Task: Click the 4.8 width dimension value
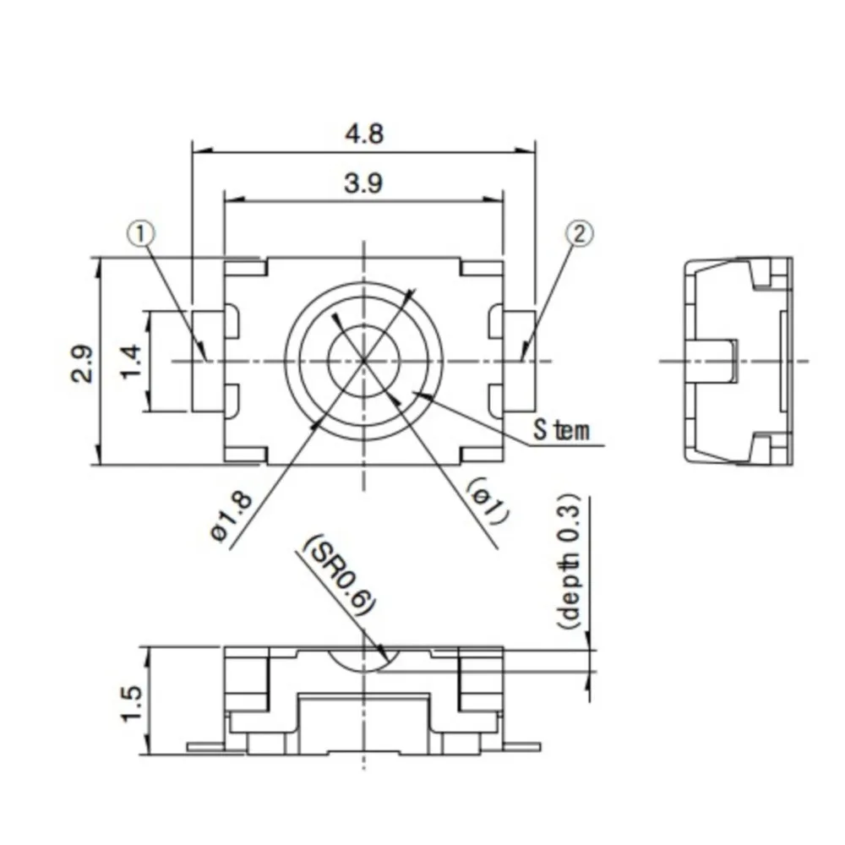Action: (364, 134)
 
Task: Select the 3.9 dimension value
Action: (364, 183)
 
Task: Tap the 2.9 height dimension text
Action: (82, 363)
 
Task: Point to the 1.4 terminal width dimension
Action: (132, 363)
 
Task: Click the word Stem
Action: (560, 431)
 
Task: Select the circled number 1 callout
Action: (141, 232)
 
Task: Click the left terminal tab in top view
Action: (207, 362)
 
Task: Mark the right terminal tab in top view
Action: (519, 362)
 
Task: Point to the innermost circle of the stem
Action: (364, 361)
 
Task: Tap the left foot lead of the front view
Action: (205, 747)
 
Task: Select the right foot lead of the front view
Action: (521, 747)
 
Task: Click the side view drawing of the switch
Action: (737, 362)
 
